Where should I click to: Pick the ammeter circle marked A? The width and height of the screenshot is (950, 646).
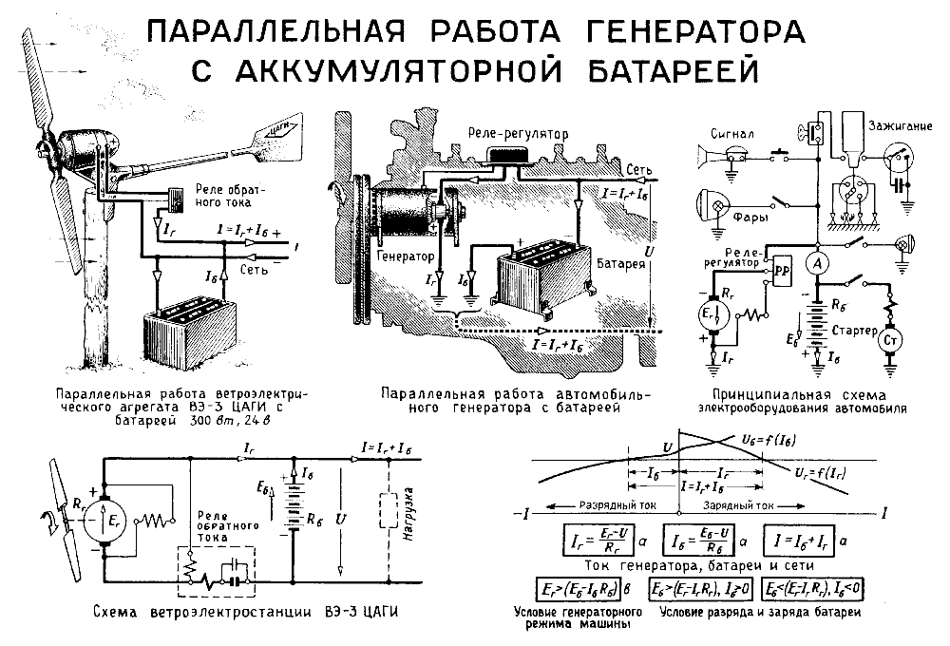click(816, 261)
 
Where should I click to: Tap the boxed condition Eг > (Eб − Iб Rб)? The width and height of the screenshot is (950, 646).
click(594, 590)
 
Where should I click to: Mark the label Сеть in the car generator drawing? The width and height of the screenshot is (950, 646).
click(636, 167)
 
